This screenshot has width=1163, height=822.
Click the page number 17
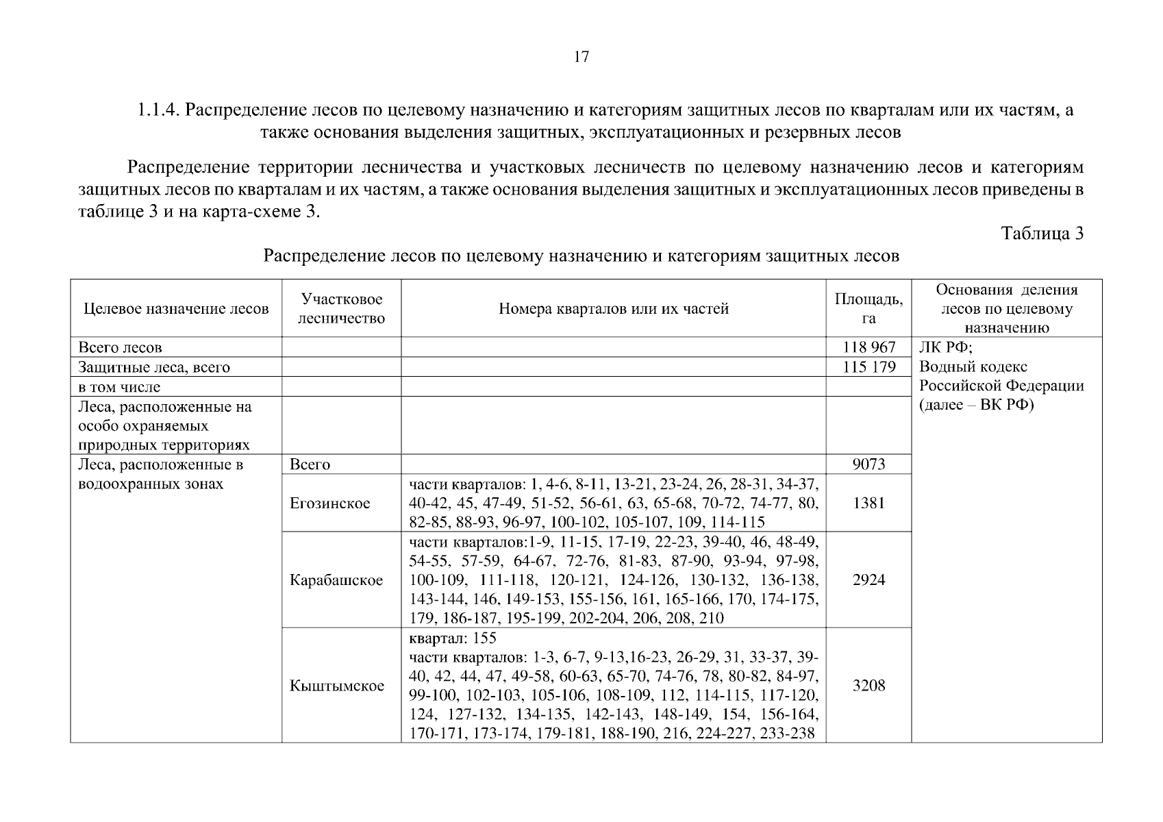(581, 58)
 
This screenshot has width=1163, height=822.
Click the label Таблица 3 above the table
(1042, 234)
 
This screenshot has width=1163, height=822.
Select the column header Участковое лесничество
(341, 308)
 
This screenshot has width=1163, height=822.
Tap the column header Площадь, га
(868, 308)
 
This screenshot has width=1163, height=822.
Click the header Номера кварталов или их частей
(613, 309)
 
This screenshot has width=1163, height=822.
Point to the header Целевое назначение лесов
(176, 309)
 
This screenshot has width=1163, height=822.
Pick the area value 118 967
(868, 347)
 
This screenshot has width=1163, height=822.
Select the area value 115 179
(868, 367)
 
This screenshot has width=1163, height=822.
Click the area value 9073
(868, 464)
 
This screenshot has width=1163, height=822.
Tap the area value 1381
(868, 503)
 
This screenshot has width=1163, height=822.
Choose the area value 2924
(868, 580)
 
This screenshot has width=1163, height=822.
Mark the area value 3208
(868, 686)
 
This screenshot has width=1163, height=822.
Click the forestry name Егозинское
(329, 503)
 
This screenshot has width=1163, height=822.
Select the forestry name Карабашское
(336, 580)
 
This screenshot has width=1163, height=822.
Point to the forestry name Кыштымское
(336, 686)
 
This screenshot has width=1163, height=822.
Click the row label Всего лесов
(120, 347)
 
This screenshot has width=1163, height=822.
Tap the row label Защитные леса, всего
(154, 367)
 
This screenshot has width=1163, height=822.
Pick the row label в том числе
(119, 387)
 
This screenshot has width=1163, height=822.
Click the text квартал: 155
(452, 638)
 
